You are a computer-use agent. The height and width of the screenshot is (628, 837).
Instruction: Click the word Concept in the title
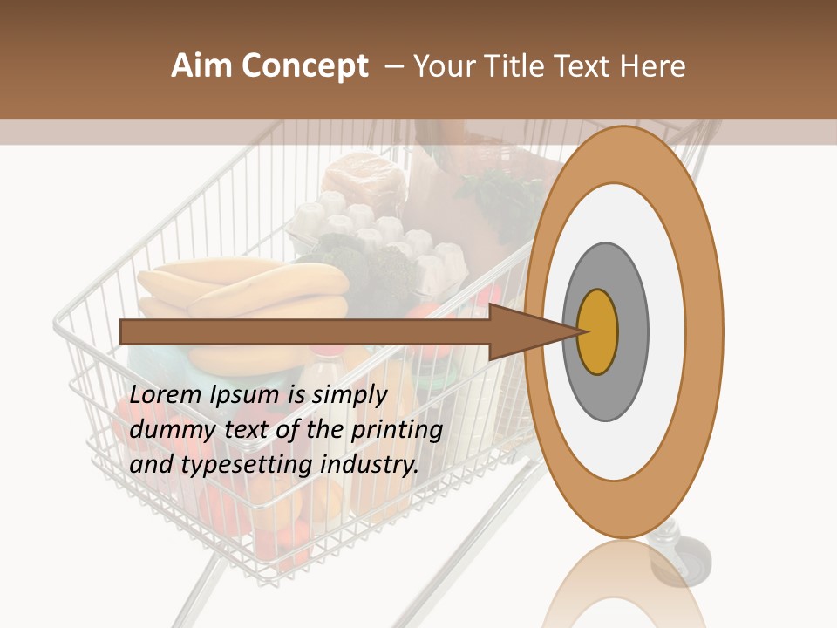click(x=304, y=66)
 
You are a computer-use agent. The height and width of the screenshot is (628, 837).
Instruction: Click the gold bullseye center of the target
click(x=598, y=331)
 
